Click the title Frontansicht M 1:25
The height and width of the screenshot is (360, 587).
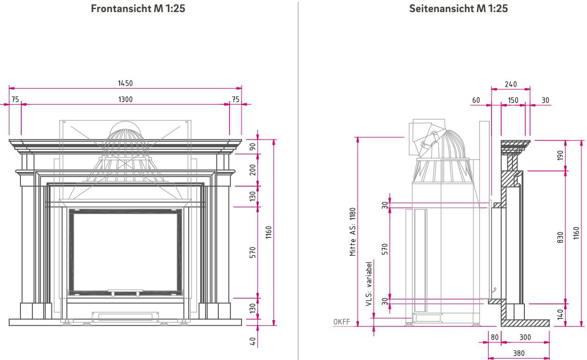coord(138,8)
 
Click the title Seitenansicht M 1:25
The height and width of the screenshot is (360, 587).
coord(458,8)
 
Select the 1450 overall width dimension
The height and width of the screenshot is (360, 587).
coord(125,83)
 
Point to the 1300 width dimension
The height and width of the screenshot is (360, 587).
coord(125,99)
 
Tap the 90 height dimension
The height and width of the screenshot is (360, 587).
coord(253,146)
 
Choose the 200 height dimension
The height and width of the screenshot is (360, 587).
coord(253,170)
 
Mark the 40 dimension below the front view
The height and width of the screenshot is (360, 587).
coord(253,341)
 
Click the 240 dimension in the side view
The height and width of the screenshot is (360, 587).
coord(510,84)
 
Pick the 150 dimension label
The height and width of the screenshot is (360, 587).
coord(513,100)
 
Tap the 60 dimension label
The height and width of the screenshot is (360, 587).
coord(476,100)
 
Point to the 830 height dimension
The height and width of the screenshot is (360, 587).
coord(560,238)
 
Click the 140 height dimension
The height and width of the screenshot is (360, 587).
coord(560,315)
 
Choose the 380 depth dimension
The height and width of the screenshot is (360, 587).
coord(519,353)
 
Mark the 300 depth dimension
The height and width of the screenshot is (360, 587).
coord(525,337)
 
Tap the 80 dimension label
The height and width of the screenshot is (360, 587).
coord(495,337)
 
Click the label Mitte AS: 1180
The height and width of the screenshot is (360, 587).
coord(353,232)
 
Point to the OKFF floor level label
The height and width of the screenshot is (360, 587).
coord(341,322)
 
